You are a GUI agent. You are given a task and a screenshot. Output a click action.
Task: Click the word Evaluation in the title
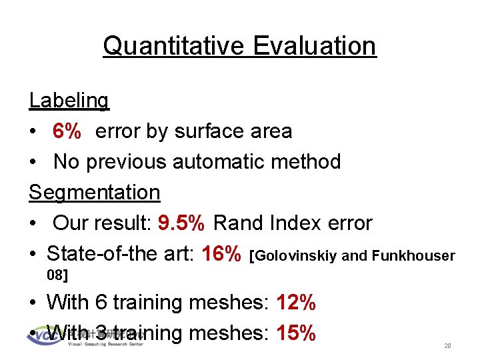pos(314,46)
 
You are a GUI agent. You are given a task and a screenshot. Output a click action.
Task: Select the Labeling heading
pos(69,101)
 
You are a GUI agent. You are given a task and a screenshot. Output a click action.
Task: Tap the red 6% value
pos(67,131)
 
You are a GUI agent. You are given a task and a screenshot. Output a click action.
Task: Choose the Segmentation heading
pos(94,193)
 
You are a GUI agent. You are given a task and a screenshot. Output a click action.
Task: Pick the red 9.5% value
pos(181,223)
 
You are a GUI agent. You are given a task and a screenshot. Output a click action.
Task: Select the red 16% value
pos(221,253)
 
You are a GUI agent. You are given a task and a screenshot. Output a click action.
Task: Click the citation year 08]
pos(57,274)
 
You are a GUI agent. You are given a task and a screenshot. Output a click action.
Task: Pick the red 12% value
pos(295,303)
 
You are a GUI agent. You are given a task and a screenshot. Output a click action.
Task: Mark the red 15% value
pos(295,332)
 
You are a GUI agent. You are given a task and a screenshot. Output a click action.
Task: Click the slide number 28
pos(447,346)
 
